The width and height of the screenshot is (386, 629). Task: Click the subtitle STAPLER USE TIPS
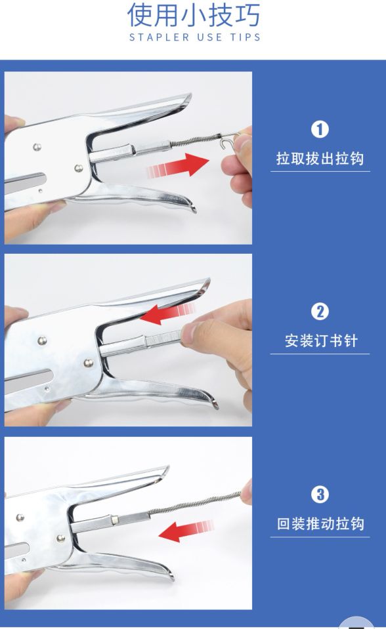tap(195, 37)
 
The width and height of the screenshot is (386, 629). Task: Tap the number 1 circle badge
tap(320, 129)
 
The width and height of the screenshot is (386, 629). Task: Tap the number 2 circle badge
tap(320, 312)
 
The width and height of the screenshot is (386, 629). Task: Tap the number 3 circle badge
tap(320, 495)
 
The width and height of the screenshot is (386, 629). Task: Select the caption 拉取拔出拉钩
tap(320, 159)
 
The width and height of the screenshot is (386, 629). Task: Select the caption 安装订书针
tap(320, 341)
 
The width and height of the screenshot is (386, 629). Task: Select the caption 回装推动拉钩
tap(320, 524)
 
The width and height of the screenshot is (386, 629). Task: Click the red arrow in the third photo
tap(186, 529)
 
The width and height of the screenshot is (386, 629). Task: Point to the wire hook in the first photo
tap(227, 140)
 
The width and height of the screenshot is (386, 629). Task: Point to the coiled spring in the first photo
tap(198, 142)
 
